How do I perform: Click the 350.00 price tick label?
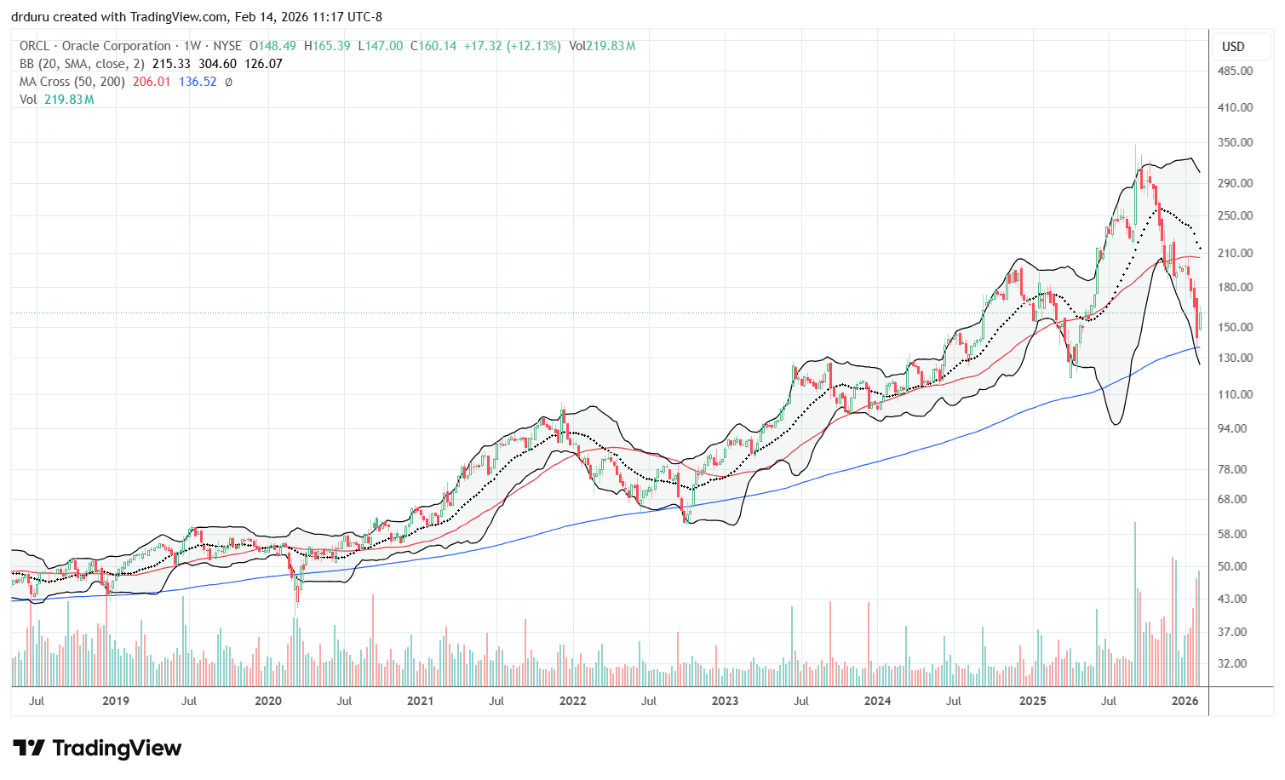1235,142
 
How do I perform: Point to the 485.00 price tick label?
1235,71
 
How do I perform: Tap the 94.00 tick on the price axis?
1237,428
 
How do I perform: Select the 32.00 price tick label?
1237,663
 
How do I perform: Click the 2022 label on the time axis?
572,701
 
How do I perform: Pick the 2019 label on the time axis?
116,701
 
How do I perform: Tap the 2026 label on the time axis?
1185,701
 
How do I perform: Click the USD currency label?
1233,47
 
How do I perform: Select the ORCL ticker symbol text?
35,46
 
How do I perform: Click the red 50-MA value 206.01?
151,82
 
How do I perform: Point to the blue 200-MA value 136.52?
197,82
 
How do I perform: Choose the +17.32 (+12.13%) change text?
512,46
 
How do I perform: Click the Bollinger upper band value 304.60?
216,64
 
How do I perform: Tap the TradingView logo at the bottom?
98,748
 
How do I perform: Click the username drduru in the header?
30,16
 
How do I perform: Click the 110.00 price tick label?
1235,394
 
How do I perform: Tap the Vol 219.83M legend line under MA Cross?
56,100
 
